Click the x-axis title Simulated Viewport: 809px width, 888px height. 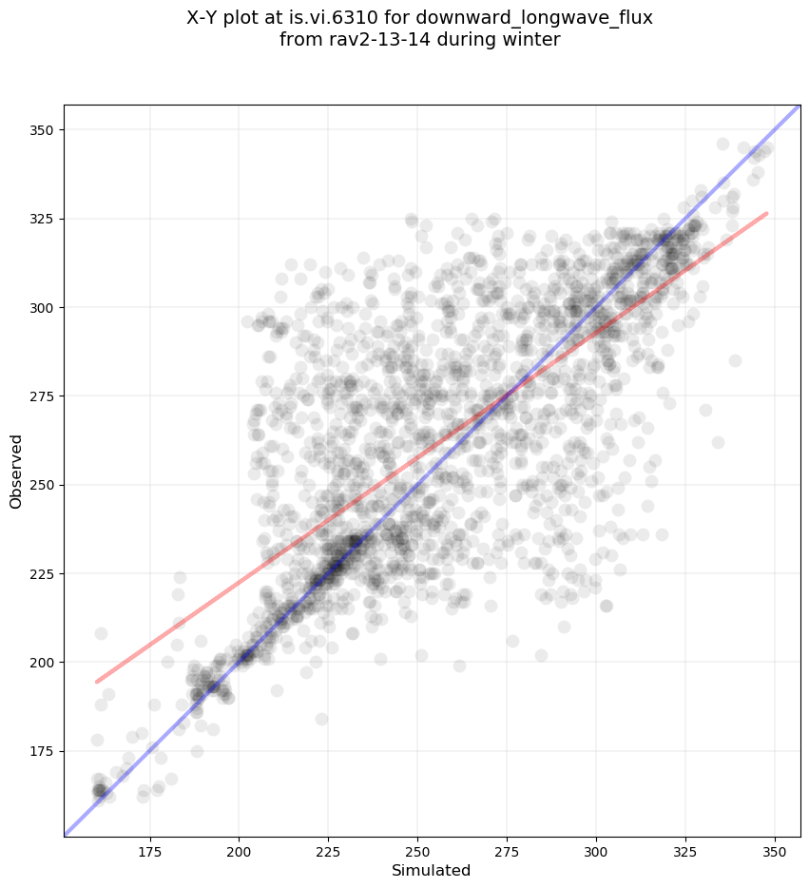point(432,870)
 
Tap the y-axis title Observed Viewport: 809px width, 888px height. point(16,471)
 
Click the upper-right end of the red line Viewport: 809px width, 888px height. point(766,214)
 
